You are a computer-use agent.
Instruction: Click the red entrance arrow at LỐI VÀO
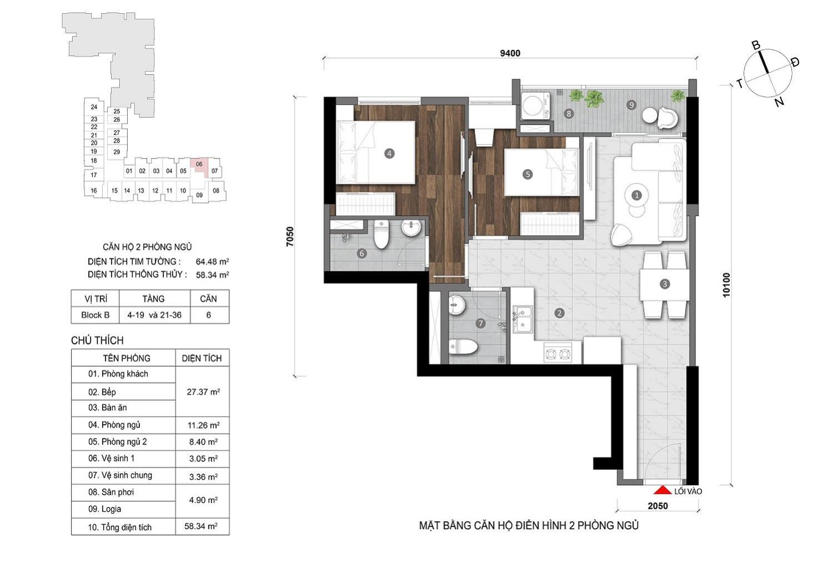point(663,490)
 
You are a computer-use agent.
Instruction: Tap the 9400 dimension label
point(510,53)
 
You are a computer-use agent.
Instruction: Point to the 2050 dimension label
point(658,506)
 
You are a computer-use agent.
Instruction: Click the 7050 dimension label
point(290,237)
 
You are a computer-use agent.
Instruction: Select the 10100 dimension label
point(726,285)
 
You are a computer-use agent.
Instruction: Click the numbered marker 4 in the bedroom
point(389,153)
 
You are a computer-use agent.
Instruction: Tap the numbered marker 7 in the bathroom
point(480,323)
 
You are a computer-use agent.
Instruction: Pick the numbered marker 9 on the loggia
point(631,105)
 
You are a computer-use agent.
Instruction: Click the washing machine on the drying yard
point(535,106)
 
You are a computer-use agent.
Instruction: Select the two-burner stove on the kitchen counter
point(558,354)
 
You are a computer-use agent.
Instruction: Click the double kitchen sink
point(523,319)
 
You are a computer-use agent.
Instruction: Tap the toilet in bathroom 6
point(381,234)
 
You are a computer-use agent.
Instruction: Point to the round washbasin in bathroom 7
point(456,306)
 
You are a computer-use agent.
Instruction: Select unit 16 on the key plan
point(94,190)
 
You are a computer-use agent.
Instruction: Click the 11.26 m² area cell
point(203,425)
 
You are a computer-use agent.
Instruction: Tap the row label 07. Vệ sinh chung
point(120,475)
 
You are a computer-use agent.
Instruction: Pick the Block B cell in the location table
point(95,315)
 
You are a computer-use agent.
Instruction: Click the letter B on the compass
point(756,46)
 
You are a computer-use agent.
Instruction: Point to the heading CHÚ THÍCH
point(97,340)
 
